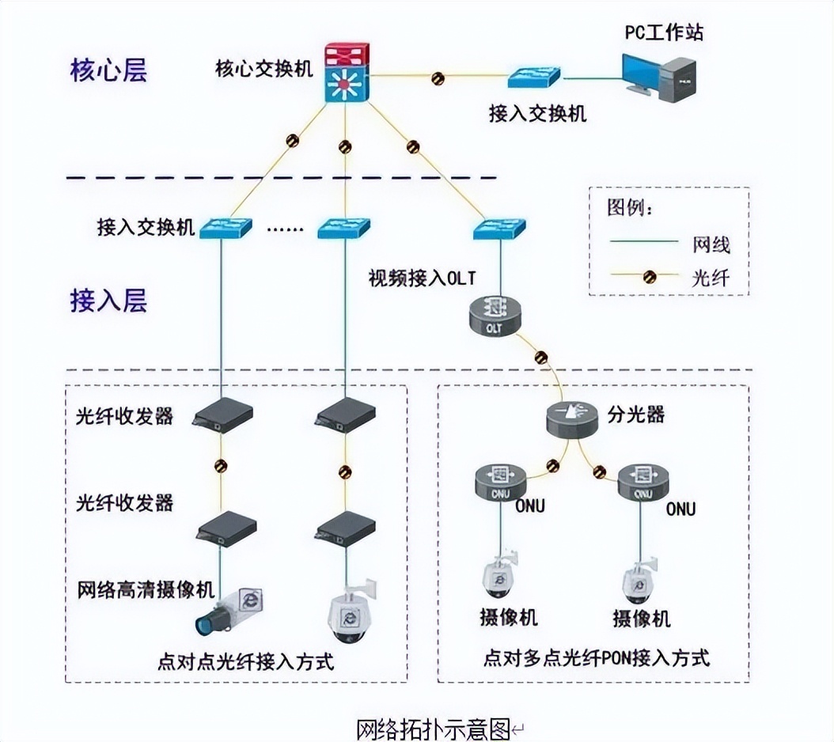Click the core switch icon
point(346,74)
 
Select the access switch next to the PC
point(534,78)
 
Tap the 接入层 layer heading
point(108,301)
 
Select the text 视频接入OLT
point(421,278)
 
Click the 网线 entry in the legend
point(710,244)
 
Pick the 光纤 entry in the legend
point(710,278)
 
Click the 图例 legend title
point(630,209)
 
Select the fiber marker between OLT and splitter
point(541,357)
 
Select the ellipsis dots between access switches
point(285,229)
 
